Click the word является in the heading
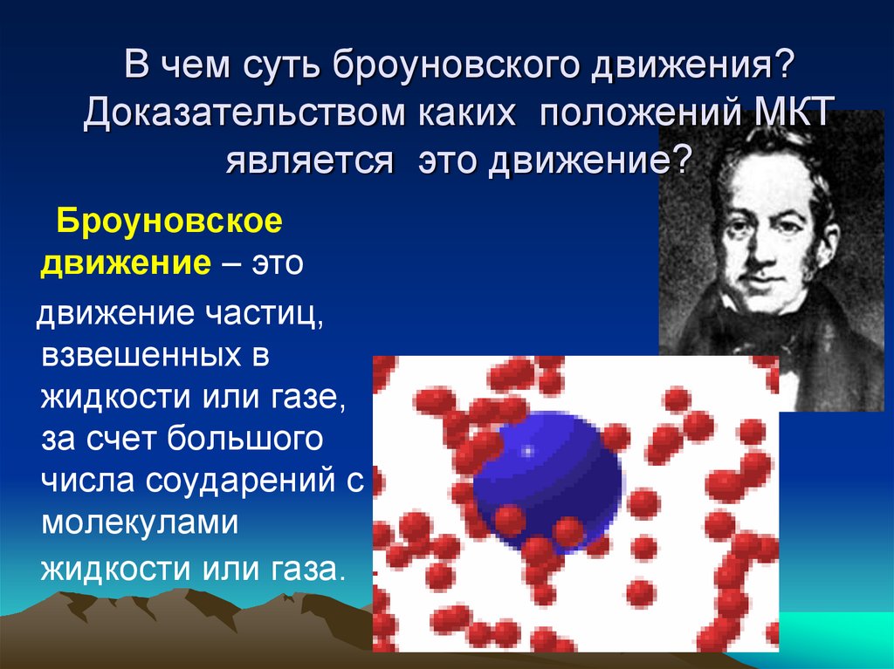pyautogui.click(x=310, y=161)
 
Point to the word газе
pyautogui.click(x=306, y=398)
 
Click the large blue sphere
pyautogui.click(x=546, y=475)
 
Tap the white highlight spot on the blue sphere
pyautogui.click(x=527, y=451)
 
